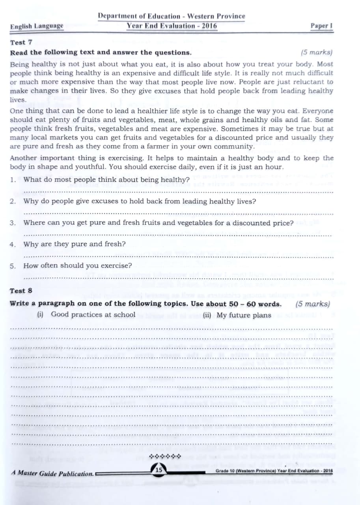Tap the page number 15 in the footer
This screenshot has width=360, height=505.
159,470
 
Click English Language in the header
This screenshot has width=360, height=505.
37,26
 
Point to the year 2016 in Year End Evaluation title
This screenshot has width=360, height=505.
208,26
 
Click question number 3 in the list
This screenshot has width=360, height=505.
13,223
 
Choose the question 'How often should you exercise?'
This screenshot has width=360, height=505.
78,266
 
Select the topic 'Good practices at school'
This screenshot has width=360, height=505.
93,315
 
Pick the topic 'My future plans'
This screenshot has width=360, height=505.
244,315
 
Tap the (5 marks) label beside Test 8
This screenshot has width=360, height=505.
312,304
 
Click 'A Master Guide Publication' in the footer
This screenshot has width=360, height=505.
52,473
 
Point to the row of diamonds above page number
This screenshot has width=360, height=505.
165,457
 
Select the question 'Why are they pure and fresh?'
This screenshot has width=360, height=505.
75,244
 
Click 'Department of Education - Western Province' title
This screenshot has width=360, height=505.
172,16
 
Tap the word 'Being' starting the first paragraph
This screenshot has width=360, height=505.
19,64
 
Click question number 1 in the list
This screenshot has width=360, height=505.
13,180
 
